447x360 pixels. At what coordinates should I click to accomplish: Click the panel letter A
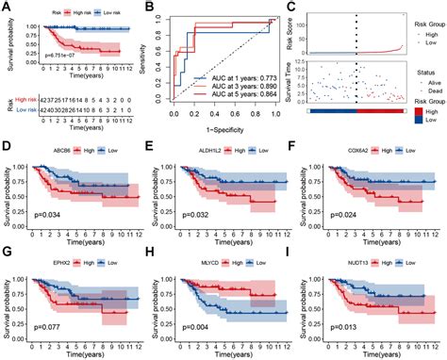click(7, 8)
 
